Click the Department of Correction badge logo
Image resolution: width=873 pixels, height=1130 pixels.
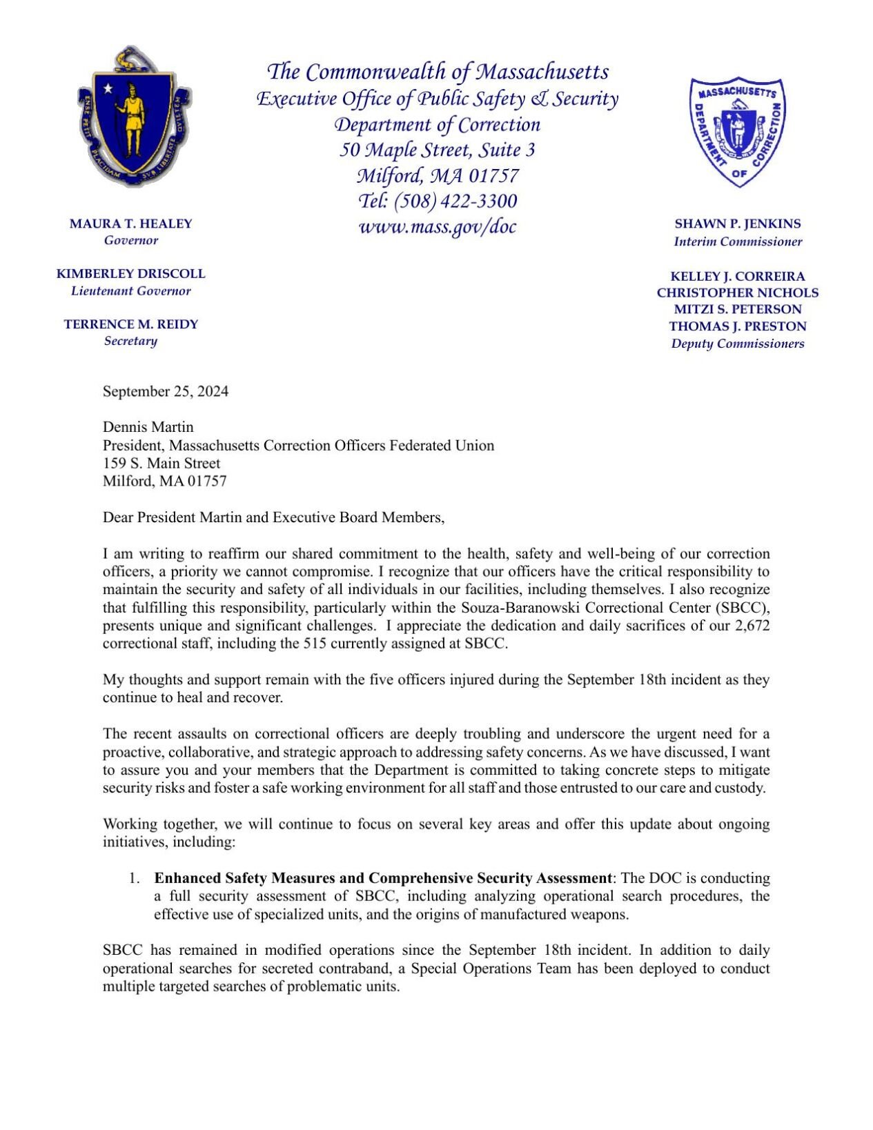[x=737, y=131]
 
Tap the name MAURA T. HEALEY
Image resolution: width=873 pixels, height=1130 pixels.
[x=131, y=224]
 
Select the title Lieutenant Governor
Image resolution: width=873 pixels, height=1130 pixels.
[x=131, y=291]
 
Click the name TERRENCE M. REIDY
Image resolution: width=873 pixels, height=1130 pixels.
[x=131, y=324]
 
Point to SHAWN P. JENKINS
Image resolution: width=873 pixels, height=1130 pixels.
[x=737, y=224]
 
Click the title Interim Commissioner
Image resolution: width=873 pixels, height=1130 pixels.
[x=737, y=241]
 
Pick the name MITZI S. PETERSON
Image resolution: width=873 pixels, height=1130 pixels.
[x=737, y=309]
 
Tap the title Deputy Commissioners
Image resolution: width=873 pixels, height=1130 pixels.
[x=737, y=344]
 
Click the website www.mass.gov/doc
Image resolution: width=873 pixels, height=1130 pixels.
[x=437, y=226]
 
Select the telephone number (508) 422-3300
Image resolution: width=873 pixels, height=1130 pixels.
[x=455, y=201]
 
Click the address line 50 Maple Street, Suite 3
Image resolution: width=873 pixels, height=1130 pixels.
[x=437, y=150]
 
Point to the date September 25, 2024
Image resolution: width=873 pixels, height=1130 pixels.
[x=166, y=391]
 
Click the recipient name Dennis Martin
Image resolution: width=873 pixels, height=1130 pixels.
[x=148, y=427]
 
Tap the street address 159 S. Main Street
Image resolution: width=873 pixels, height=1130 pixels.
[x=161, y=463]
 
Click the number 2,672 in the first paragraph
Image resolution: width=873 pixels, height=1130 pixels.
[x=751, y=626]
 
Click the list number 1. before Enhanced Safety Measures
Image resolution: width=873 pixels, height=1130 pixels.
[x=134, y=878]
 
